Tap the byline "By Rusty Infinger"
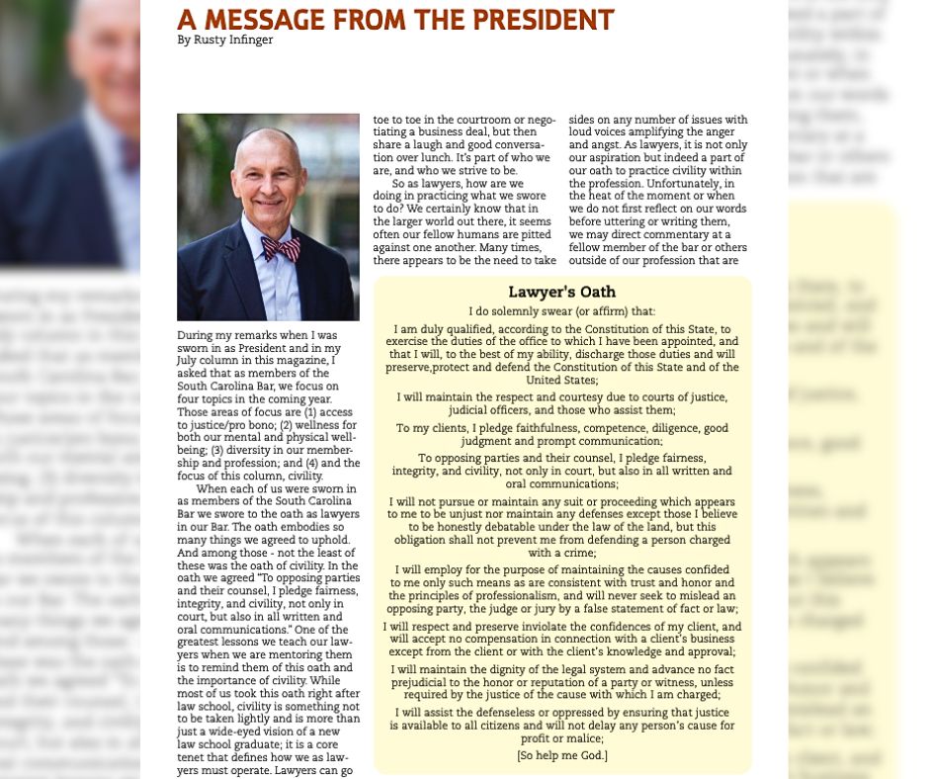(224, 41)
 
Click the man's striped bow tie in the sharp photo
(281, 248)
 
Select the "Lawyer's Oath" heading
(561, 292)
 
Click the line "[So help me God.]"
(561, 756)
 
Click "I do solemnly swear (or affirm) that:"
(561, 311)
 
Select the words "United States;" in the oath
(561, 380)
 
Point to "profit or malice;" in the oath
(561, 738)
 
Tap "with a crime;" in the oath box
(561, 554)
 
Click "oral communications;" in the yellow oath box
(561, 484)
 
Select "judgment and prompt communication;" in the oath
(561, 441)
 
